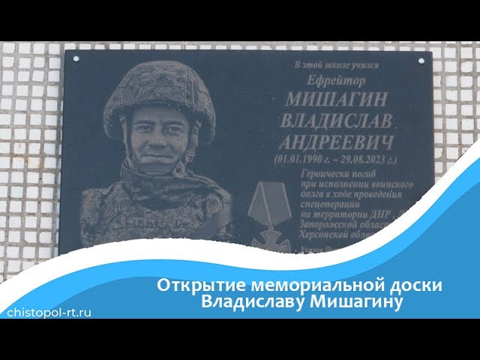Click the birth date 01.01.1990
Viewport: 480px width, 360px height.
point(303,159)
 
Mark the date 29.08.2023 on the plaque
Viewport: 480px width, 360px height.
point(360,159)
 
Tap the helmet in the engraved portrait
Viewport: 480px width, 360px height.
point(159,90)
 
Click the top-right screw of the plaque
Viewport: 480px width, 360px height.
point(420,58)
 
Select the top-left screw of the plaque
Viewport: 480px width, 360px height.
point(75,56)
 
